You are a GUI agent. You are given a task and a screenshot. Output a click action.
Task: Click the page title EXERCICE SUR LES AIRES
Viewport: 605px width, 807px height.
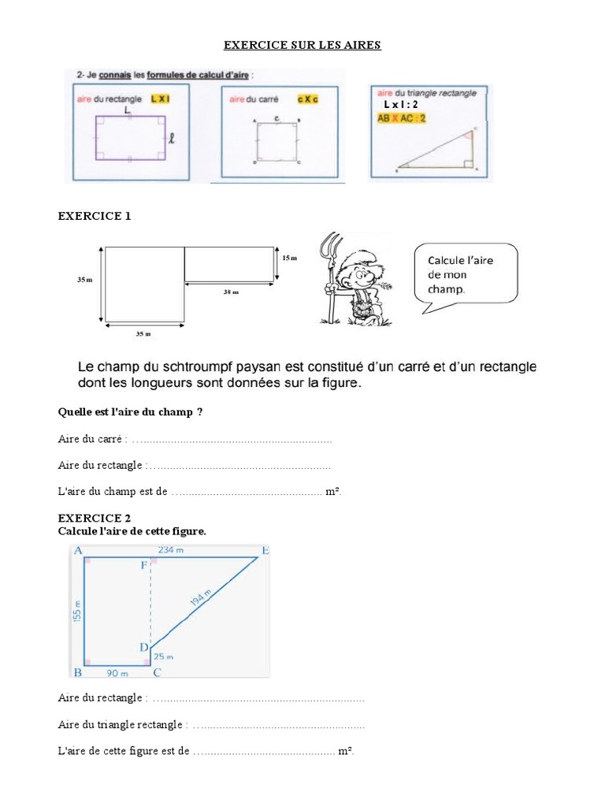[x=302, y=45]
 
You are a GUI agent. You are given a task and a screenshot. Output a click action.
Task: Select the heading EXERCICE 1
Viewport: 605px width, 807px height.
[x=95, y=216]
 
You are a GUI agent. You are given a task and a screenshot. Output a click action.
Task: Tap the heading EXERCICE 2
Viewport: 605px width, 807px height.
[x=95, y=518]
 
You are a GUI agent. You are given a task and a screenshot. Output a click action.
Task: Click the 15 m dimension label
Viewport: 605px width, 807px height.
[x=290, y=258]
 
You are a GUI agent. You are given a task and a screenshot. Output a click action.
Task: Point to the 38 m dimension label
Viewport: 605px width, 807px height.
[x=231, y=292]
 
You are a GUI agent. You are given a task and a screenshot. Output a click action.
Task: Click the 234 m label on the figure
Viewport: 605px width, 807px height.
[x=170, y=551]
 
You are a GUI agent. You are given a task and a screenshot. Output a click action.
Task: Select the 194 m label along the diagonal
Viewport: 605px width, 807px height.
[x=202, y=597]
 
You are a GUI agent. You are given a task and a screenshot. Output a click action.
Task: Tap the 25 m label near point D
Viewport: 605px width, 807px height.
[x=163, y=656]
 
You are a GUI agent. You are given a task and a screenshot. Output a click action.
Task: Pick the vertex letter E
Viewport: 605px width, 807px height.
[x=265, y=550]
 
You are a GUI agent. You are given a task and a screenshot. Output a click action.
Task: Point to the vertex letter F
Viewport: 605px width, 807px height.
[x=143, y=565]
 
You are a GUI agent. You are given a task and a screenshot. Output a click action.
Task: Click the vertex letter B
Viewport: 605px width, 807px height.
[x=78, y=672]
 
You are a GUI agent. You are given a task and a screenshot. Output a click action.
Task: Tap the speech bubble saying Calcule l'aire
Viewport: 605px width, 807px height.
[x=466, y=274]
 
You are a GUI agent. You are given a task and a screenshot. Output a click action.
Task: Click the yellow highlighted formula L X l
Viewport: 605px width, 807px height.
[x=160, y=99]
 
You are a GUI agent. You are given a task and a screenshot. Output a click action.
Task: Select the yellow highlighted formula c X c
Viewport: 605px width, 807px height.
[x=306, y=99]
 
